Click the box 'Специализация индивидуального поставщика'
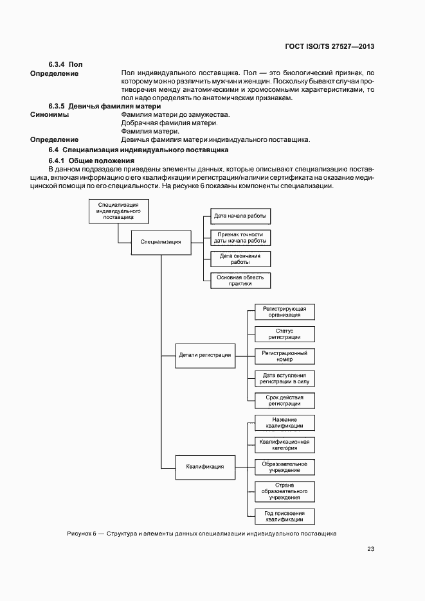pyautogui.click(x=119, y=211)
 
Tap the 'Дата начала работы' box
pyautogui.click(x=240, y=216)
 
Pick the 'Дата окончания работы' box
pyautogui.click(x=240, y=259)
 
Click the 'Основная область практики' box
pyautogui.click(x=240, y=281)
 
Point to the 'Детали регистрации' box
pyautogui.click(x=204, y=355)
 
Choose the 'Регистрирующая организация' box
pyautogui.click(x=285, y=312)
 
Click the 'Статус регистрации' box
pyautogui.click(x=285, y=334)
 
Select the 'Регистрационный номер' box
pyautogui.click(x=285, y=356)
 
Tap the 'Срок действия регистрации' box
pyautogui.click(x=285, y=400)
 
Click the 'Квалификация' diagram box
pyautogui.click(x=204, y=467)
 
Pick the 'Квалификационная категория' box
pyautogui.click(x=285, y=444)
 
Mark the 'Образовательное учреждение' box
pyautogui.click(x=285, y=467)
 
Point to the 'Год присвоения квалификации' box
pyautogui.click(x=285, y=516)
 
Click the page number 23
pyautogui.click(x=371, y=548)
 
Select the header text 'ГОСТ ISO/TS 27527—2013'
pyautogui.click(x=329, y=47)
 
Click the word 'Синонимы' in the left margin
pyautogui.click(x=50, y=114)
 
